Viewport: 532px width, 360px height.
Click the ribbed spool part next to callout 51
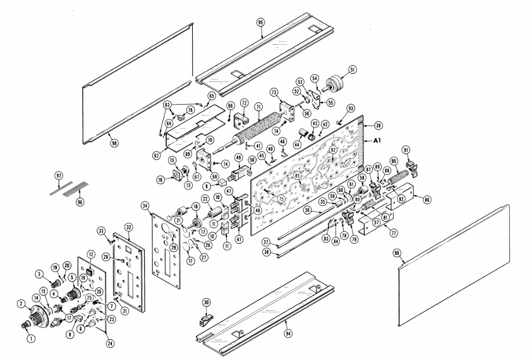point(346,86)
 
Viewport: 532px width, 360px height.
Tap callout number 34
point(147,205)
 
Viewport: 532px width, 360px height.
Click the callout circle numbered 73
point(275,92)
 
